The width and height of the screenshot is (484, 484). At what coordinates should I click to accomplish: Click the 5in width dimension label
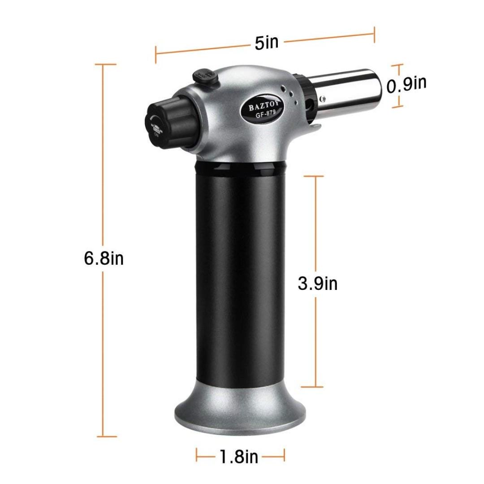pos(266,42)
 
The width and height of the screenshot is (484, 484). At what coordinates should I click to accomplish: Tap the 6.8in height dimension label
pos(104,259)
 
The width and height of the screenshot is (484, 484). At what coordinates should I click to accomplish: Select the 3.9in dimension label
pos(318,283)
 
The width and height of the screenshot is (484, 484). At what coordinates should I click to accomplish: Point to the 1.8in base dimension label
pos(238,457)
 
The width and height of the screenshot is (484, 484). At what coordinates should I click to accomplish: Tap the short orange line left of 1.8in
pos(206,457)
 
